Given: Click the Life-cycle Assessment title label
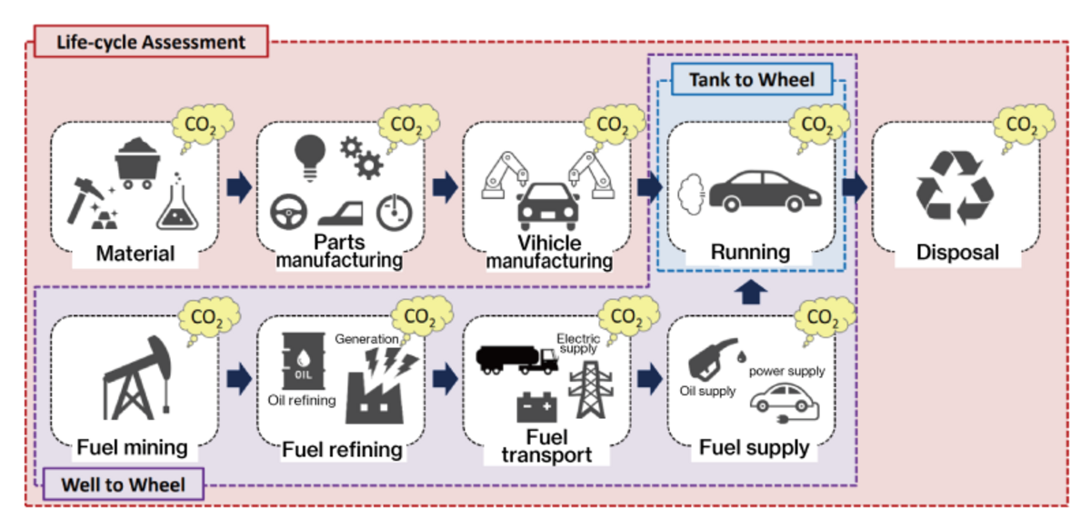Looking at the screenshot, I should (x=151, y=42).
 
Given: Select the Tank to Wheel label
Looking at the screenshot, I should (x=750, y=79).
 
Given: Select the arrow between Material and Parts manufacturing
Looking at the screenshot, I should (x=238, y=187).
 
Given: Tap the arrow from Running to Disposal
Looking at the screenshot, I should (x=855, y=187).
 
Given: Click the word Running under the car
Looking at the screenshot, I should (x=750, y=252).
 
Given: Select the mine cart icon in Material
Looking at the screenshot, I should (x=138, y=162).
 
